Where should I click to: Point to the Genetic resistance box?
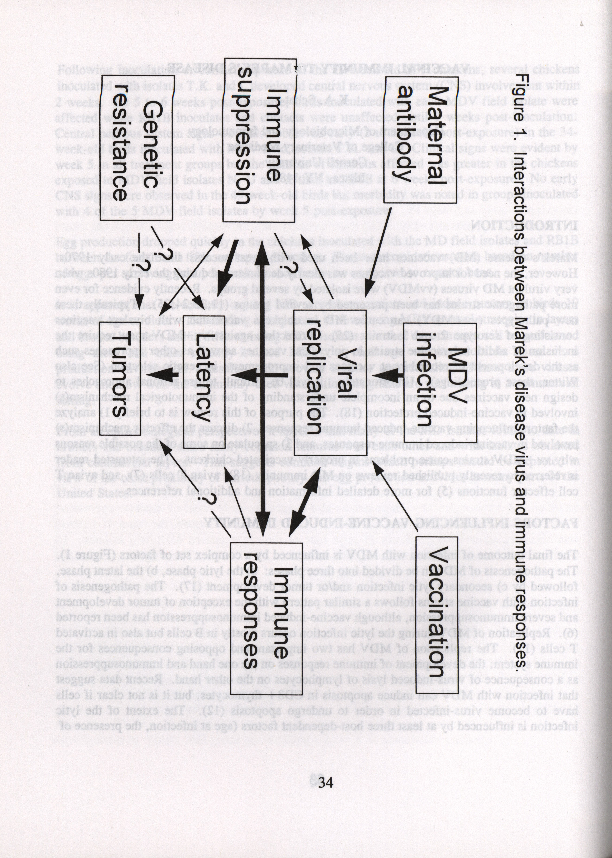pyautogui.click(x=136, y=147)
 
